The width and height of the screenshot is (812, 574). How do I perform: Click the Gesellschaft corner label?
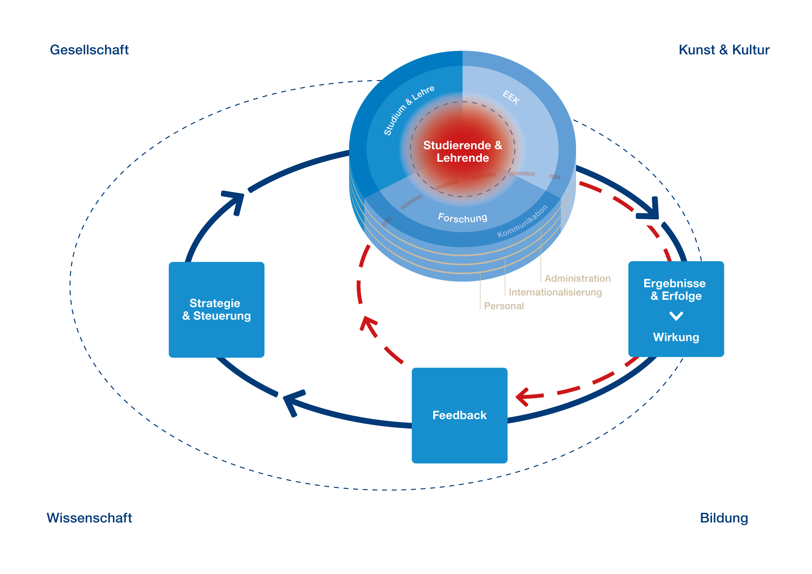89,50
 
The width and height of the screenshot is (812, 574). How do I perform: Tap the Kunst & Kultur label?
724,50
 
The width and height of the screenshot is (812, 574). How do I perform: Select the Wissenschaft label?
89,518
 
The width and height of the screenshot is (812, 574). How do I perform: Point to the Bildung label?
724,518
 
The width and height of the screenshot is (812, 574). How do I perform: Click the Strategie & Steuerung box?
216,310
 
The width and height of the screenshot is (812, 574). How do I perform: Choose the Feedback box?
459,415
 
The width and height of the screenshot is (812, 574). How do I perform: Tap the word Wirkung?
676,337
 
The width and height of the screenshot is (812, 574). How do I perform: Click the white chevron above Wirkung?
676,316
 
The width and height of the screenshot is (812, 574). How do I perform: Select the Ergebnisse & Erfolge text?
675,289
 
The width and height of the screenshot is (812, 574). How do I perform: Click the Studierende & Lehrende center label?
463,151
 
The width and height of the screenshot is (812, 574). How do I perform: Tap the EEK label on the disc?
511,97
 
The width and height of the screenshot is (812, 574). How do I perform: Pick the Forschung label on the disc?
463,218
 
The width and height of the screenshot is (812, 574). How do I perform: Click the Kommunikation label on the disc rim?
522,221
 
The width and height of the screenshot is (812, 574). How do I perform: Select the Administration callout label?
577,278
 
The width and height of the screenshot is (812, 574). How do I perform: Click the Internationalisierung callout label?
555,292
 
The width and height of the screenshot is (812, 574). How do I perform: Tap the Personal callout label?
504,306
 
